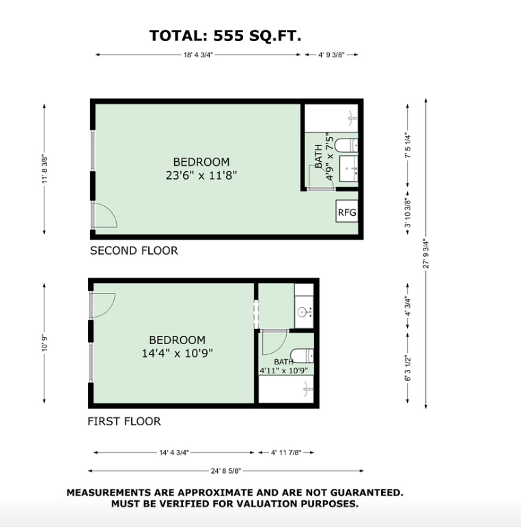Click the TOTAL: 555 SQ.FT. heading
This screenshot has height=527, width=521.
(225, 35)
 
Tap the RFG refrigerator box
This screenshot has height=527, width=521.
(347, 212)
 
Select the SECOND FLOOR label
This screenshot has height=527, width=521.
(134, 251)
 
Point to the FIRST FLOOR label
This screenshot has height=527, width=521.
(124, 421)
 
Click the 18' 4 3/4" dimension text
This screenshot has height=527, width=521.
(198, 55)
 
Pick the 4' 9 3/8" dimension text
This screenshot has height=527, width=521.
(331, 55)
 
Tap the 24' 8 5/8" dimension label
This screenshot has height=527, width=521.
(226, 471)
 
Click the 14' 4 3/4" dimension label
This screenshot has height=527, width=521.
(174, 453)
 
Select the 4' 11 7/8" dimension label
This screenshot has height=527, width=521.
(286, 453)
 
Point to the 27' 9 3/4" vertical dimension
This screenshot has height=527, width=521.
(426, 254)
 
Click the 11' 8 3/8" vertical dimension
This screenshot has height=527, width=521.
(44, 169)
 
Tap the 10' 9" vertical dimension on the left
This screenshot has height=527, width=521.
(44, 343)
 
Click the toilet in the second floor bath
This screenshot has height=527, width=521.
(347, 145)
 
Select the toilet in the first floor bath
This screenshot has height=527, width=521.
(302, 356)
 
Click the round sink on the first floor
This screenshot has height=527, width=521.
(302, 313)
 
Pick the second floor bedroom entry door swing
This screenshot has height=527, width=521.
(105, 215)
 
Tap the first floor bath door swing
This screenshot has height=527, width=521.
(274, 343)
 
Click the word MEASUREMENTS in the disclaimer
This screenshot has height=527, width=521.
(109, 493)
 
